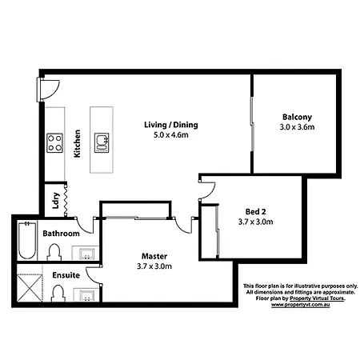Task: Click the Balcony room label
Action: click(297, 117)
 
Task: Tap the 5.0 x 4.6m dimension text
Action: click(171, 135)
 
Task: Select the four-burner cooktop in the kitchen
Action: click(55, 143)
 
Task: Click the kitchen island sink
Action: click(102, 143)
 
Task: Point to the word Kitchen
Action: click(77, 143)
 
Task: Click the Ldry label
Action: click(55, 200)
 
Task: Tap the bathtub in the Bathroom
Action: click(27, 240)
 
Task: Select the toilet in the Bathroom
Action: click(54, 252)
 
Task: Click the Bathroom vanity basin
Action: click(86, 254)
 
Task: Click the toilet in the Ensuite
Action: click(58, 294)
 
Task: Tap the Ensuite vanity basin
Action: click(86, 295)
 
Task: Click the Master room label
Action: click(154, 256)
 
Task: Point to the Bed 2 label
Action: click(255, 212)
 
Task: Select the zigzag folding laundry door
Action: click(66, 199)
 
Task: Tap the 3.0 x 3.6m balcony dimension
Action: click(297, 127)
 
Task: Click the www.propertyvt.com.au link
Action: click(301, 305)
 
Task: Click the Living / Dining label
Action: click(171, 125)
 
